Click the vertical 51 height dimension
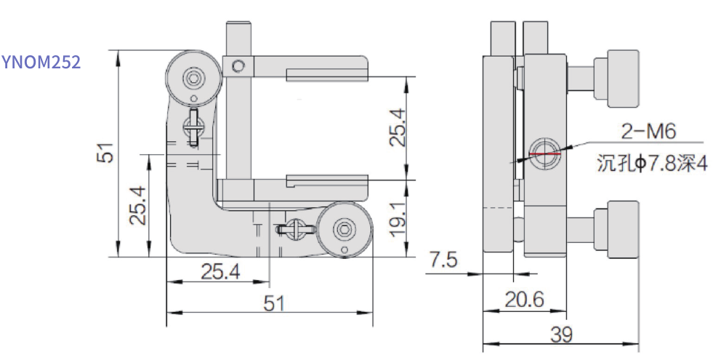pos(106,153)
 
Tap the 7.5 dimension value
pos(443,260)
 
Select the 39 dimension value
pos(561,335)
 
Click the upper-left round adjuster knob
pos(193,79)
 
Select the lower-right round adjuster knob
pos(343,231)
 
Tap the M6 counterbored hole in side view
pos(544,153)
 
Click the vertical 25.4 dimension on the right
pos(397,128)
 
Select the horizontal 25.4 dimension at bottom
pos(219,272)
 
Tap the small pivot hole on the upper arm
pos(238,67)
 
